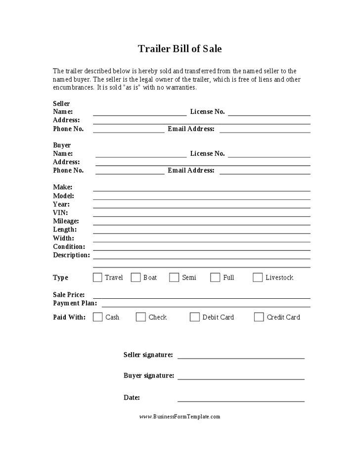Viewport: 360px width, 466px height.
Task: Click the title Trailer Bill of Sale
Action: [x=180, y=48]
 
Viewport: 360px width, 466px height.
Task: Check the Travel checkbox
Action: [x=97, y=278]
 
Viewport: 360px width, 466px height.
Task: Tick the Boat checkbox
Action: [x=135, y=278]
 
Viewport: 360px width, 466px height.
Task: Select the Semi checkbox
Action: [x=174, y=278]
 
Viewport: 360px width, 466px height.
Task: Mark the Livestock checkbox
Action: [x=258, y=278]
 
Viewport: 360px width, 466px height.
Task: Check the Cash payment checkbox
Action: [x=98, y=317]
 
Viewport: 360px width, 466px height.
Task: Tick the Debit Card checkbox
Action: [x=195, y=317]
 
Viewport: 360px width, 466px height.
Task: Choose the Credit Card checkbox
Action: [x=259, y=317]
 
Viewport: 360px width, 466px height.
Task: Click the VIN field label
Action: [x=60, y=213]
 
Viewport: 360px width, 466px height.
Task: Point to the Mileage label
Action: [x=66, y=221]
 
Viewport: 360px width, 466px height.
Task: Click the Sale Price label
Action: [x=69, y=295]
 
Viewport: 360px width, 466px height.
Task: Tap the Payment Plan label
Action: [x=75, y=303]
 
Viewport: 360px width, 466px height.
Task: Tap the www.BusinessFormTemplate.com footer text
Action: [x=180, y=417]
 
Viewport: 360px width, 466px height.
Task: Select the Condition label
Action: [x=69, y=247]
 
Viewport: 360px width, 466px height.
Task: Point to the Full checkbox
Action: [x=215, y=278]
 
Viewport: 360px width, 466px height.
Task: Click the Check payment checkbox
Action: [x=141, y=317]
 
